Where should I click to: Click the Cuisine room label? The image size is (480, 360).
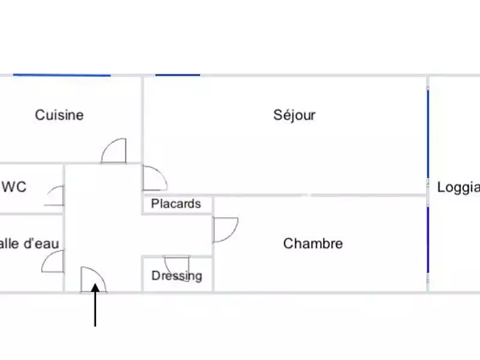coord(59,115)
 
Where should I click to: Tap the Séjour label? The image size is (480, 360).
coord(294,115)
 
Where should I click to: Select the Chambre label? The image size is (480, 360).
coord(313,243)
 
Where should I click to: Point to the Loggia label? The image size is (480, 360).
coord(458,187)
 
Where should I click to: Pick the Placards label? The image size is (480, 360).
coord(176,204)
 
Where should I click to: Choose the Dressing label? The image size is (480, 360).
coord(176,276)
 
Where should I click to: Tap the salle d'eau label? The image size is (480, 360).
coord(29,243)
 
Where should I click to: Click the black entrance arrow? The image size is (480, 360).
coord(95,305)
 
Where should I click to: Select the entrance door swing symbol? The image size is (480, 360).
coord(93,280)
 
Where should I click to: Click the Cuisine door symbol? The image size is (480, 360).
coord(113,151)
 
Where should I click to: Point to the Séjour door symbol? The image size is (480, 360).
coord(154,178)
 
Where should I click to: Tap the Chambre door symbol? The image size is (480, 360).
coord(225,230)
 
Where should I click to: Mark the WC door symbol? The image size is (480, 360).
coord(55,196)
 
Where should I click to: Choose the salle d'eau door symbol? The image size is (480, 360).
coord(53,262)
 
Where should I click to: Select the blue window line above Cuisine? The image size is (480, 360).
coord(62,75)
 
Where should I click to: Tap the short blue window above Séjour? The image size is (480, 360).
coord(177,75)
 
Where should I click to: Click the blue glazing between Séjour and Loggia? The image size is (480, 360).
coord(428,133)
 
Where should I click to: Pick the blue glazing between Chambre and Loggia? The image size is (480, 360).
coord(428,239)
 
